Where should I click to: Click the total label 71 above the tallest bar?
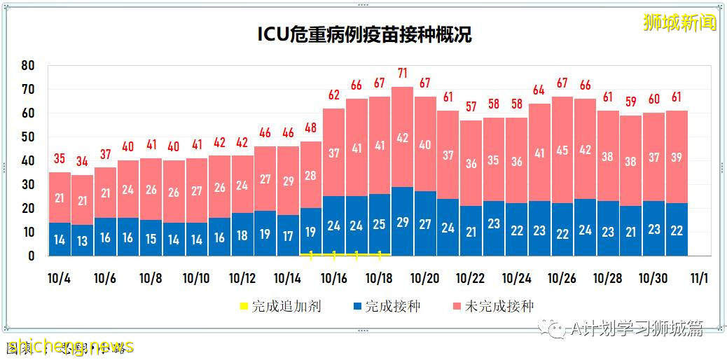coord(402,73)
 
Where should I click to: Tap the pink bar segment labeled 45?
coord(562,149)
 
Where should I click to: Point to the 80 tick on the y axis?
coord(28,65)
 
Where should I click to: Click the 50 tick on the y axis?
coord(28,137)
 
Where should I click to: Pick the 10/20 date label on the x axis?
coord(424,278)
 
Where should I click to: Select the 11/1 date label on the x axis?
coord(698,278)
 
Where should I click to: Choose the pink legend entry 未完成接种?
coord(494,306)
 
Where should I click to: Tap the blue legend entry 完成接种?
coord(388,306)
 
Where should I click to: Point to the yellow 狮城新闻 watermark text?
coord(680,22)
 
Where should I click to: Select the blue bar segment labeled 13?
coord(83,240)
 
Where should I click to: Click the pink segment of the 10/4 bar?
coord(60,198)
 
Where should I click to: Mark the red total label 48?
coord(311,128)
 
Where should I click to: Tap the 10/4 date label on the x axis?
coord(59,278)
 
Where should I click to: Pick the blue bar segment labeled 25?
coord(379,225)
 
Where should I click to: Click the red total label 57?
coord(471,107)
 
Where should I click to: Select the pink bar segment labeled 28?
coord(311,175)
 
